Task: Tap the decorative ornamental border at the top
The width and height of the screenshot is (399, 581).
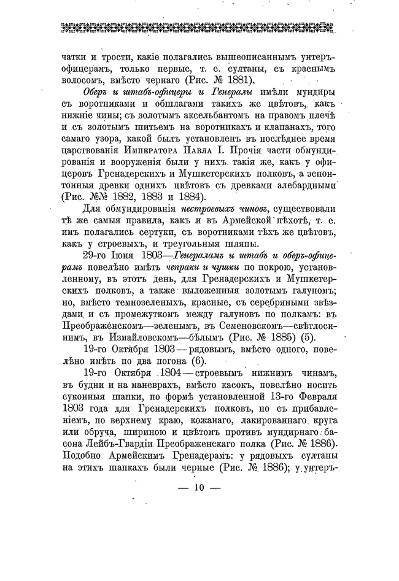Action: click(x=199, y=26)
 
